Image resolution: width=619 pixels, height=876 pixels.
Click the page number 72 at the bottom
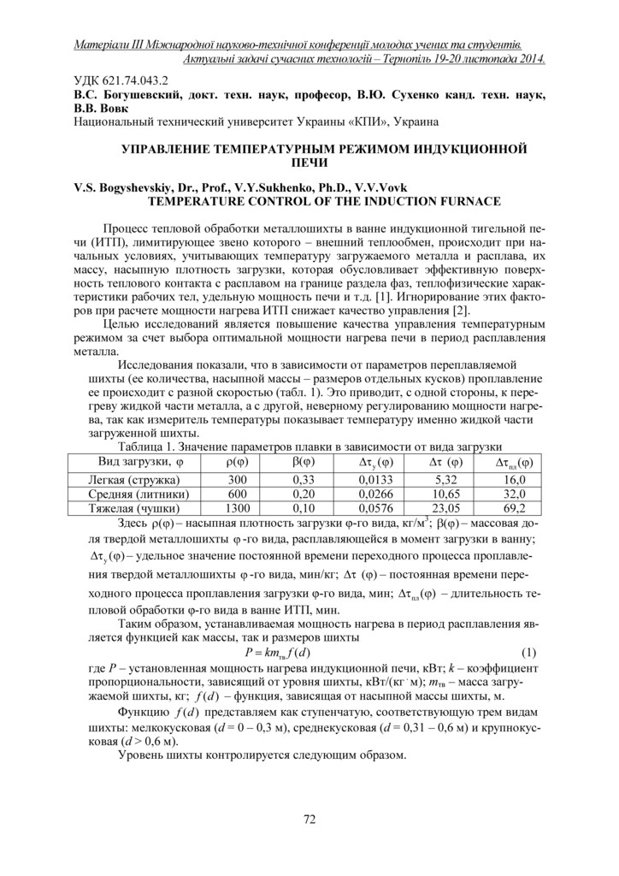[x=309, y=820]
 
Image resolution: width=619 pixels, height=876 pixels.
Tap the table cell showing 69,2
[x=514, y=507]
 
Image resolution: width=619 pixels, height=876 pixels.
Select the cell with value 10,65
[x=444, y=494]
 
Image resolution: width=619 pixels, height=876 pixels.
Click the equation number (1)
[x=530, y=653]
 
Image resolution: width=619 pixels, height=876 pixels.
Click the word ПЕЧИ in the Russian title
[x=309, y=161]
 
